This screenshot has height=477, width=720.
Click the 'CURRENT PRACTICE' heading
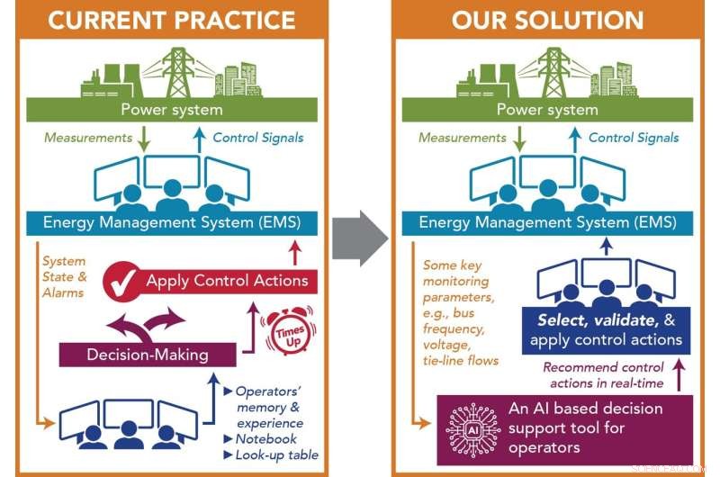pos(172,19)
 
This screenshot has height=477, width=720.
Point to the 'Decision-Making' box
pos(148,354)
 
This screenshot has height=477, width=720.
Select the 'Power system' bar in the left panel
pos(172,110)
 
